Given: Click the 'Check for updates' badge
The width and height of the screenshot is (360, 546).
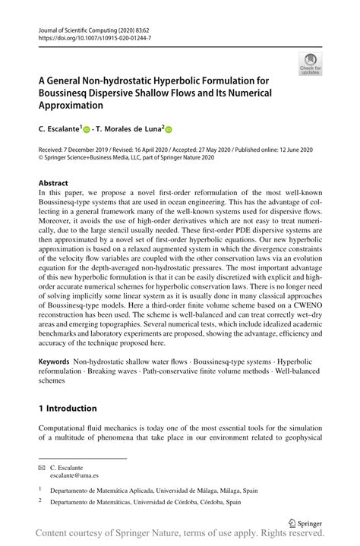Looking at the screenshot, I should pyautogui.click(x=311, y=64).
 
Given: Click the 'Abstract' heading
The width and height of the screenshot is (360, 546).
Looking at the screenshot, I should pyautogui.click(x=53, y=184).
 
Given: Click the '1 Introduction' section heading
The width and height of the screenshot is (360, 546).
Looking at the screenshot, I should pyautogui.click(x=68, y=408).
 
